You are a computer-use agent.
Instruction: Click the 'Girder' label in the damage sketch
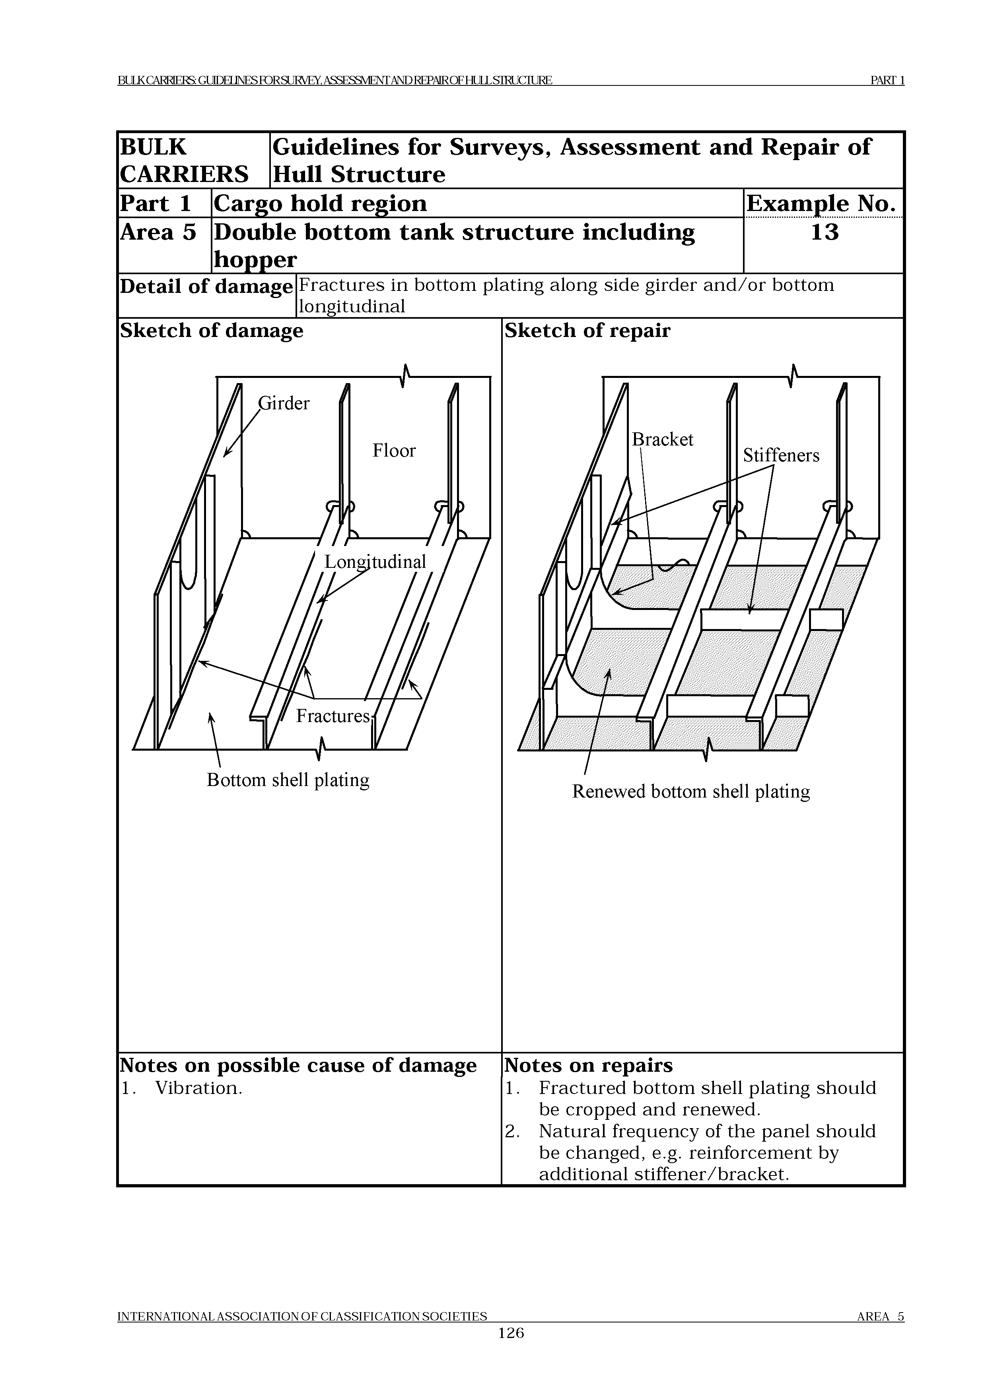pyautogui.click(x=284, y=404)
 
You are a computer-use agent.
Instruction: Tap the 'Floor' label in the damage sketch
pyautogui.click(x=394, y=451)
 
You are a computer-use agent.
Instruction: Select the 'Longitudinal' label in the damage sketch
pyautogui.click(x=375, y=561)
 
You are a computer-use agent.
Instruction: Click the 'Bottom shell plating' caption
pyautogui.click(x=288, y=780)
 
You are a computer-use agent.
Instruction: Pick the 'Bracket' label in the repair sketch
pyautogui.click(x=662, y=439)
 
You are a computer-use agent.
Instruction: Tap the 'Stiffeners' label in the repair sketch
pyautogui.click(x=781, y=455)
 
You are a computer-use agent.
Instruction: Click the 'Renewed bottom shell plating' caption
pyautogui.click(x=691, y=792)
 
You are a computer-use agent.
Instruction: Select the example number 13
pyautogui.click(x=825, y=232)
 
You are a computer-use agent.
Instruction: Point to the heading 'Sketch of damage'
pyautogui.click(x=212, y=331)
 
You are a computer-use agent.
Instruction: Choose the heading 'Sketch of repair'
pyautogui.click(x=587, y=331)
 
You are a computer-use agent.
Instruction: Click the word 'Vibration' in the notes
pyautogui.click(x=198, y=1088)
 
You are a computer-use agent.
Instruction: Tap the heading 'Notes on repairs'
pyautogui.click(x=588, y=1065)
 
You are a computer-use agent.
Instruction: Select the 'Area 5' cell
pyautogui.click(x=158, y=232)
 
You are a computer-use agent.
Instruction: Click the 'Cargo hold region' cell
pyautogui.click(x=320, y=203)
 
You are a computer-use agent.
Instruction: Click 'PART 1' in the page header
pyautogui.click(x=887, y=80)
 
